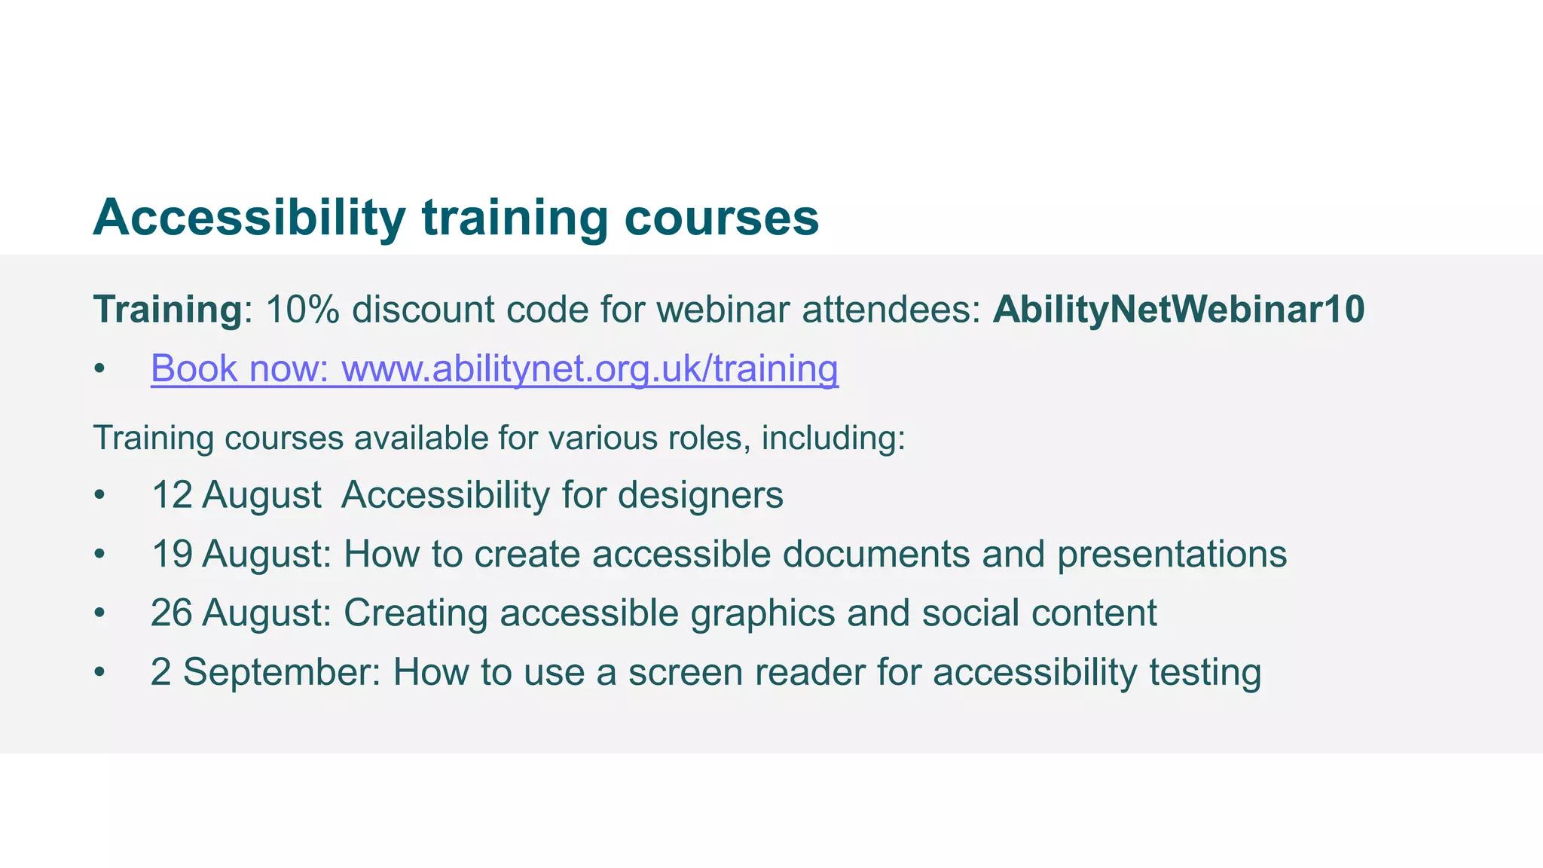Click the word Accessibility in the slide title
tap(249, 218)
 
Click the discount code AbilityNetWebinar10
tap(1178, 310)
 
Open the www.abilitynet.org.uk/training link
tap(589, 368)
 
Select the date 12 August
tap(237, 495)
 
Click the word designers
tap(701, 495)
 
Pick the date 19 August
tap(240, 554)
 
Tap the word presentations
tap(1172, 554)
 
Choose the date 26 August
tap(240, 613)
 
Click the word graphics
tap(762, 613)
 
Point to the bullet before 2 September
tap(99, 673)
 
